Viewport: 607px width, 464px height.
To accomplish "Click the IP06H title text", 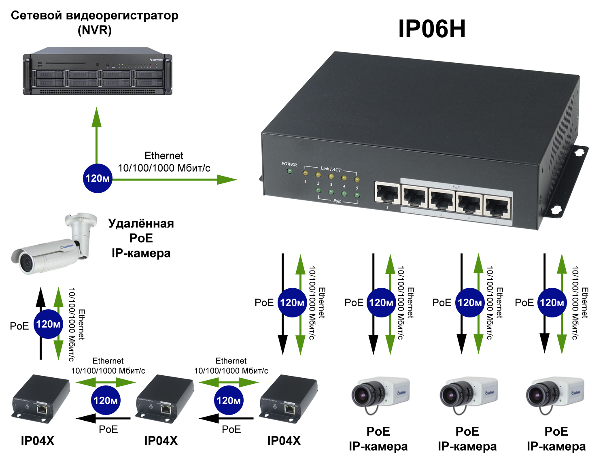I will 432,29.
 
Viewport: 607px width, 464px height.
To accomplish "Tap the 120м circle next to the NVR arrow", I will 98,178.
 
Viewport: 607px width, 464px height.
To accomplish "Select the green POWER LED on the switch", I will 289,171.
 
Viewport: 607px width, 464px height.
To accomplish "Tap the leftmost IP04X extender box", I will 40,399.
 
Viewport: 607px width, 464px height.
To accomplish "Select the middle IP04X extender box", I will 164,399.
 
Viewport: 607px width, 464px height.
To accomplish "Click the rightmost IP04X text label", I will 284,441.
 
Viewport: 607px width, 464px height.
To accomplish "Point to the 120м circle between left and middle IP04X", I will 106,400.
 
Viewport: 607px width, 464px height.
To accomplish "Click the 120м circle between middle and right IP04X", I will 229,400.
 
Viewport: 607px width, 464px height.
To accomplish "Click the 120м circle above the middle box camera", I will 470,302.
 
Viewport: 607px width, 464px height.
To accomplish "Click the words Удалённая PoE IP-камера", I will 141,238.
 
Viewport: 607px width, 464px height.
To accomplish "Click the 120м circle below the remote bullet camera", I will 48,324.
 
